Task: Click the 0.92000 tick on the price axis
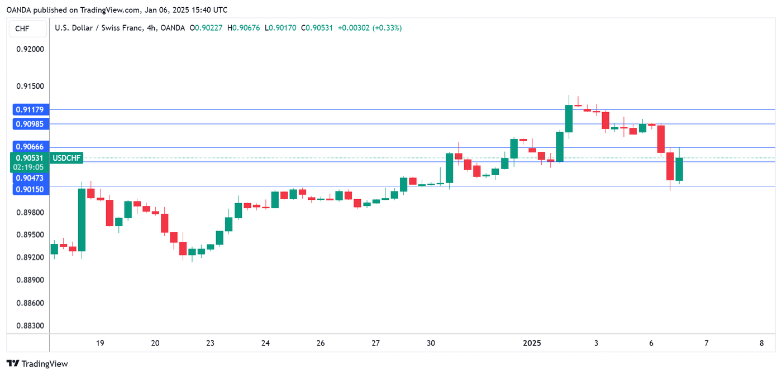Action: tap(30, 49)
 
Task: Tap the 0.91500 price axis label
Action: tap(30, 86)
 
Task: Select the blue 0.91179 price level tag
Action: tap(30, 109)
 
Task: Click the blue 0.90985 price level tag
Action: tap(30, 123)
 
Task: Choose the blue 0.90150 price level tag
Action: tap(30, 189)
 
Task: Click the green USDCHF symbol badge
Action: tap(67, 158)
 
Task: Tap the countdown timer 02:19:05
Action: tap(30, 167)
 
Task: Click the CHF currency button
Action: tap(22, 28)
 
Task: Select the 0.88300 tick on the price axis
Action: tap(30, 326)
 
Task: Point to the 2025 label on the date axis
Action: tap(531, 343)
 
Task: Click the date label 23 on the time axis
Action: tap(210, 343)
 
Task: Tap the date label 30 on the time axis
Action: tap(430, 343)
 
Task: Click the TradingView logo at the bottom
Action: tap(37, 364)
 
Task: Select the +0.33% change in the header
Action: tap(387, 28)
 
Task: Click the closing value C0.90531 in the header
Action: tap(317, 28)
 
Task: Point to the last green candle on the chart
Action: tap(679, 169)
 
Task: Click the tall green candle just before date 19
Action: tap(82, 220)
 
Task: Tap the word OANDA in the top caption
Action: tap(19, 9)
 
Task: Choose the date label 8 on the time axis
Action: tap(761, 343)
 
